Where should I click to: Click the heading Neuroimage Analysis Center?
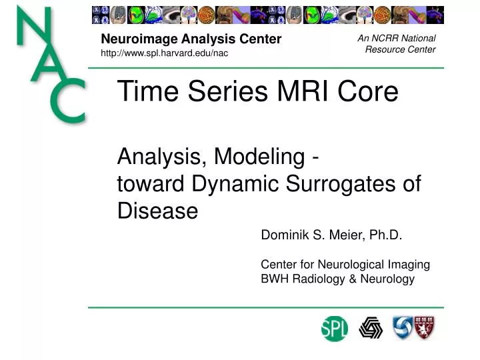click(191, 39)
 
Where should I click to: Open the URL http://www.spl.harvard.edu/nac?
click(164, 53)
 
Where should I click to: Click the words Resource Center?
click(400, 49)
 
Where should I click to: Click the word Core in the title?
click(369, 92)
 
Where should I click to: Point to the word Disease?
click(157, 211)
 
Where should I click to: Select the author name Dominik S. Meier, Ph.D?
click(331, 235)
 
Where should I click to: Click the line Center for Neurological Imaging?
click(345, 265)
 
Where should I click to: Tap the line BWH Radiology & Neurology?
click(337, 279)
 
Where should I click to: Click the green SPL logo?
click(334, 328)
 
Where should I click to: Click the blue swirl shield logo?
click(403, 327)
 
